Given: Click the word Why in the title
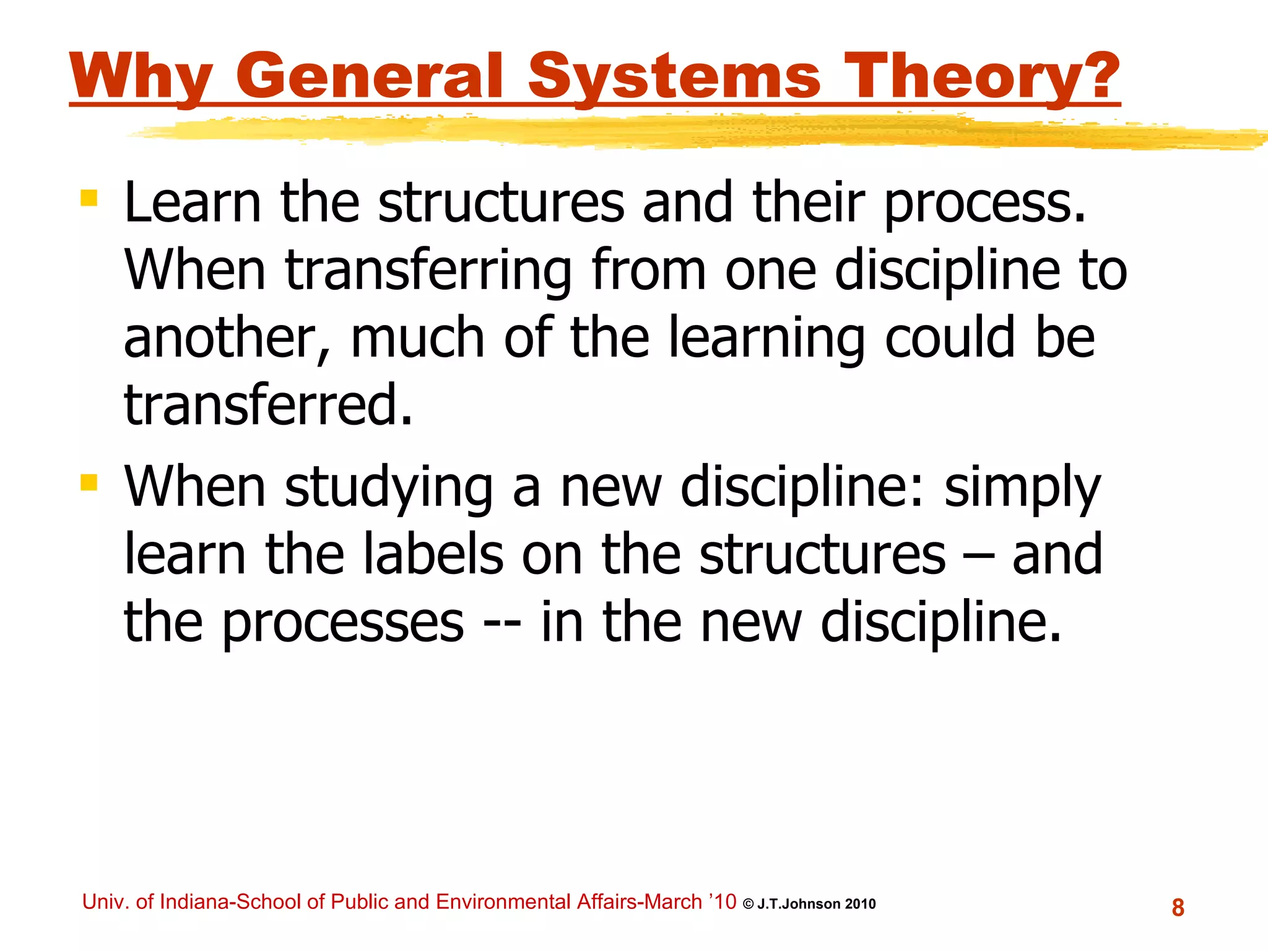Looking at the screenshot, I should (141, 77).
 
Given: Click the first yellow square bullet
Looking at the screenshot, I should (89, 199).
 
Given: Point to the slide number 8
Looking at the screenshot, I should (1178, 908).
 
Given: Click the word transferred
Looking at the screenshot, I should (267, 405).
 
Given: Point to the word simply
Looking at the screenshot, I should (1022, 488).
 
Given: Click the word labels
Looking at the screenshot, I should (433, 554).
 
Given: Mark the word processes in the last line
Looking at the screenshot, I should (342, 623).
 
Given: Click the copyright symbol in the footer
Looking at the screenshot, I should (748, 905).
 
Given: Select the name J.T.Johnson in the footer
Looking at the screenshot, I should (799, 904).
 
